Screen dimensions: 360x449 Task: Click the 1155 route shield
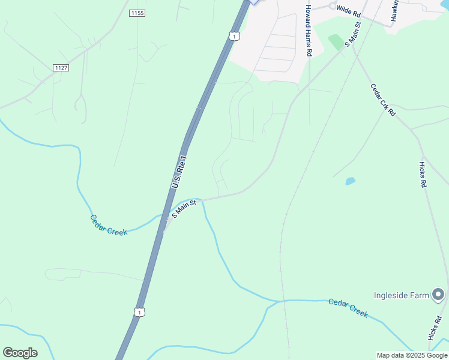click(137, 13)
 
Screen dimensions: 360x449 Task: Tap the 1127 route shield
click(61, 68)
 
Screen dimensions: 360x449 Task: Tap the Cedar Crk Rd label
click(383, 100)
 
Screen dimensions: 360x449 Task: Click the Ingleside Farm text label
click(402, 295)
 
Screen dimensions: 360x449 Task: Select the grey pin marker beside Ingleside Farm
click(439, 294)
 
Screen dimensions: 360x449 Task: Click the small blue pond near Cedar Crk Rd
click(350, 181)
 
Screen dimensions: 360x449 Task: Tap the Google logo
click(20, 353)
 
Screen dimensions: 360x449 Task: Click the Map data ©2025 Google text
click(412, 355)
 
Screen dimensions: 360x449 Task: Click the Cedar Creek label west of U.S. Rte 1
click(109, 225)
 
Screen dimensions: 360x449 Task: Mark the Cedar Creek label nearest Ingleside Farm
click(348, 307)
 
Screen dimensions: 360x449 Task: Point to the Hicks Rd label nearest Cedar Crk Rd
click(423, 175)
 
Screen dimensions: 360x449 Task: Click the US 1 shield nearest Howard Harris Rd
click(234, 37)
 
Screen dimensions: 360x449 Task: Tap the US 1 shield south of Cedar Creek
click(139, 312)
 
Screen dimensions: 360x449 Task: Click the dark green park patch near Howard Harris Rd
click(336, 41)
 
